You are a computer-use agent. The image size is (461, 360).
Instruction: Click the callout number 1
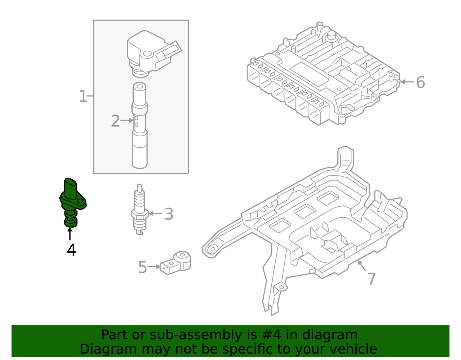[83, 96]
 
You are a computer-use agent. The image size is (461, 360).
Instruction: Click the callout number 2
[115, 121]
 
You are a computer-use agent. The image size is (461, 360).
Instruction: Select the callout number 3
[169, 214]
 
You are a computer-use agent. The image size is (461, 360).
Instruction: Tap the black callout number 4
[71, 250]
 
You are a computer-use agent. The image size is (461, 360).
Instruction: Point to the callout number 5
[143, 267]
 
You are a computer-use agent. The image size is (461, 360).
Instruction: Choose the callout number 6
[420, 82]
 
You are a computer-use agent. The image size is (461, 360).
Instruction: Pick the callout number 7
[371, 279]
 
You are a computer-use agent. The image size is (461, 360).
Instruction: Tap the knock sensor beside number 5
[176, 262]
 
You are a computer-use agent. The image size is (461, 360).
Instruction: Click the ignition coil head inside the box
[150, 55]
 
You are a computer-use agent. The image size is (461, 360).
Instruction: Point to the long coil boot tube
[140, 127]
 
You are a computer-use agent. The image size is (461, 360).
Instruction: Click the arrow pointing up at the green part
[70, 233]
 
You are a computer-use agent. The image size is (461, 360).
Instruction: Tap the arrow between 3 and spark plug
[156, 214]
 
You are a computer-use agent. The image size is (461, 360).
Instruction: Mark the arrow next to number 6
[407, 82]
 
